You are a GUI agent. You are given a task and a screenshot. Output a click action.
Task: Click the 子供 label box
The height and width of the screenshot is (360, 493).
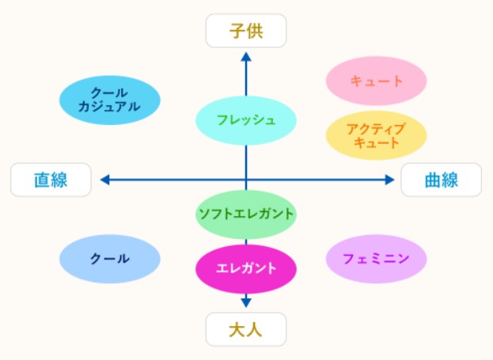246,31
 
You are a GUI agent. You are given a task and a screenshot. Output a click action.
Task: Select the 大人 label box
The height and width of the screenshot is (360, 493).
246,329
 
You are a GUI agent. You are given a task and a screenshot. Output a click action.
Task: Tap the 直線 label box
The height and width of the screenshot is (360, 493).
51,180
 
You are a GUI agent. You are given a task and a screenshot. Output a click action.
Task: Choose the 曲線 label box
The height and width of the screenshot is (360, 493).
441,180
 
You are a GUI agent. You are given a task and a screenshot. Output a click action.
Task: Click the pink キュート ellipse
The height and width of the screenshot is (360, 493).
376,81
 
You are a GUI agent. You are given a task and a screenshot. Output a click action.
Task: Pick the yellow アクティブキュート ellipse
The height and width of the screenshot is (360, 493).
376,135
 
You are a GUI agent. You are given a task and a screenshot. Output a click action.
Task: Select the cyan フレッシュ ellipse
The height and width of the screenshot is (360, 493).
246,120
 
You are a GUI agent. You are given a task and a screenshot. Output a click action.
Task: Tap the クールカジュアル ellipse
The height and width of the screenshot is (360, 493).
110,100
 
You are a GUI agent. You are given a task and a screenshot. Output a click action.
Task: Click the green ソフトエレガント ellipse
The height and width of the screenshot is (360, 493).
246,214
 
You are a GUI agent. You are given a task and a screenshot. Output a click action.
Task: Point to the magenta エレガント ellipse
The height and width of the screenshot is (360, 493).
246,269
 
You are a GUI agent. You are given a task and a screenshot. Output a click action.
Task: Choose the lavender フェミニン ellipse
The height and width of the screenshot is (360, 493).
376,259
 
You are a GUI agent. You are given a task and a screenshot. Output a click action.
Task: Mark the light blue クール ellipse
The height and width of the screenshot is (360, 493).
110,259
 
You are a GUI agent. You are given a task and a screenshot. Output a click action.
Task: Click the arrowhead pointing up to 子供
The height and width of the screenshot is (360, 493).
246,57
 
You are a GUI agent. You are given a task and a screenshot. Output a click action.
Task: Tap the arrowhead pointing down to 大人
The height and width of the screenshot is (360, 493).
246,303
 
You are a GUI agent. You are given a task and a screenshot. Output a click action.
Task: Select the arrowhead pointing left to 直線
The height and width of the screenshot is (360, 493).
104,180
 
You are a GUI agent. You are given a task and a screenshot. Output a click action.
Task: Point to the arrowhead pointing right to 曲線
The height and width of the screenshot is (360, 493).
390,180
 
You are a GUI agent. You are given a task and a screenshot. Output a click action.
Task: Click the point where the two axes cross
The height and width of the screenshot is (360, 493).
246,180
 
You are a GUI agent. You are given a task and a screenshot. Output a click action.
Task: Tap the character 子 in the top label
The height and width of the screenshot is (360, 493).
237,31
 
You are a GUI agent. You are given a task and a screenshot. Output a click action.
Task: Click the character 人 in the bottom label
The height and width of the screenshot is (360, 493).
254,329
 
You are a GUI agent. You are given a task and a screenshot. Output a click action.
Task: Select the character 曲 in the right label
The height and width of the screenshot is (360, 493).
433,180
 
